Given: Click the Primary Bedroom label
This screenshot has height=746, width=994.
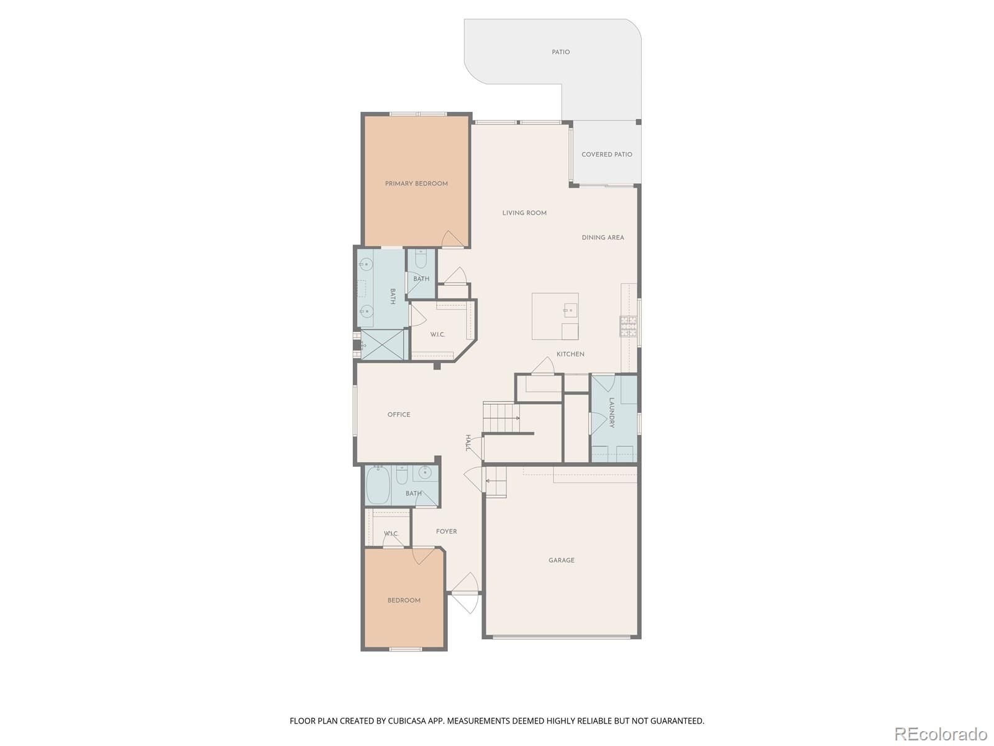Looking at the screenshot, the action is coord(416,183).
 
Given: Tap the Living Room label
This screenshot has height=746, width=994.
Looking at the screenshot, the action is coord(524,213).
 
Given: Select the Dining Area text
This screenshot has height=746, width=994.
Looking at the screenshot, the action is coord(603,237).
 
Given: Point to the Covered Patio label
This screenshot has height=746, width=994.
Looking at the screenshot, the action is coord(607,154).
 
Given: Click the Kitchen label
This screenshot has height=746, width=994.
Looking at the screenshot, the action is coord(570,354).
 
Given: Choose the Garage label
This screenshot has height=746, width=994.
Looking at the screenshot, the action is coord(562,560).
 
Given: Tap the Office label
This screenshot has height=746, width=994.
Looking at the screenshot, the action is coord(399,415).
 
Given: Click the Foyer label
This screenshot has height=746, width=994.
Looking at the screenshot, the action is coord(447,532).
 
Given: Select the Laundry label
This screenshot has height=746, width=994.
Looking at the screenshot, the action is coord(611,413).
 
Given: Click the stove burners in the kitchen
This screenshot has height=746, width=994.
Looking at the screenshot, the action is coord(628,326).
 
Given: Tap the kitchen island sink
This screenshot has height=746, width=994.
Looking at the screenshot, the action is coord(570,311).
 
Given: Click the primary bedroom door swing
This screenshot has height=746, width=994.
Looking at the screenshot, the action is coord(452,239).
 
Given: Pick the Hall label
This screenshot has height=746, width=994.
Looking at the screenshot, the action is coord(468,443).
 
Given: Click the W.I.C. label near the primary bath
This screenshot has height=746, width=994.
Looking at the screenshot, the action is coord(437,334).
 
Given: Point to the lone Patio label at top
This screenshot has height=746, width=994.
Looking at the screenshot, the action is coord(560,52).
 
